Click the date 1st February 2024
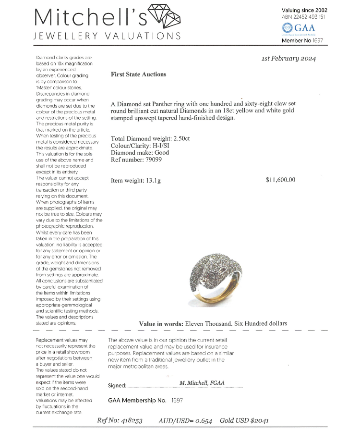click(289, 59)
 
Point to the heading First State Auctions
click(138, 74)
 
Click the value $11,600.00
click(280, 180)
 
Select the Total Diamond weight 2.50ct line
click(150, 139)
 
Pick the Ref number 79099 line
click(136, 160)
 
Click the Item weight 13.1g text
click(136, 181)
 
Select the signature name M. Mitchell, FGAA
click(202, 383)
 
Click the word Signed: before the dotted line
click(117, 385)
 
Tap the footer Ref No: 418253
click(120, 420)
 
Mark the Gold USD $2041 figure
click(244, 420)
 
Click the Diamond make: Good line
click(140, 153)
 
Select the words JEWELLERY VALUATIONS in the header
click(107, 36)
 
